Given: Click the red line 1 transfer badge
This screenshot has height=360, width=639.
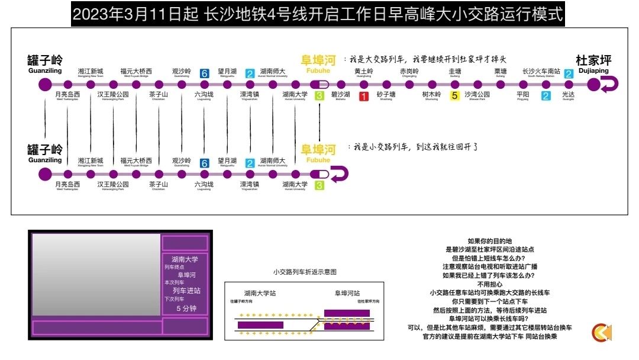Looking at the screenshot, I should pyautogui.click(x=364, y=96).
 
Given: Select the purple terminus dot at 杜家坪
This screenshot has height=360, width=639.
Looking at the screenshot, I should pyautogui.click(x=593, y=85).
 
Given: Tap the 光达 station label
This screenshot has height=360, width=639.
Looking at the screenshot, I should pyautogui.click(x=568, y=95).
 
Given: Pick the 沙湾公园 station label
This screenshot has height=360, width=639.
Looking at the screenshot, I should pyautogui.click(x=477, y=95).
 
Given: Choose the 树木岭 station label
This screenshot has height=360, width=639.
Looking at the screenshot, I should pyautogui.click(x=431, y=95).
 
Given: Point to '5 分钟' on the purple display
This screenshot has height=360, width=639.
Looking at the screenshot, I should pyautogui.click(x=185, y=308).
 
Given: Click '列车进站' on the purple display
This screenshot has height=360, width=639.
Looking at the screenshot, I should pyautogui.click(x=186, y=291).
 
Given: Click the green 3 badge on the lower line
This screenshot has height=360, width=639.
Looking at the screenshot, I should pyautogui.click(x=319, y=186).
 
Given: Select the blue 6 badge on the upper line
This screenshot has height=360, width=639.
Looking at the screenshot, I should pyautogui.click(x=205, y=73).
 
